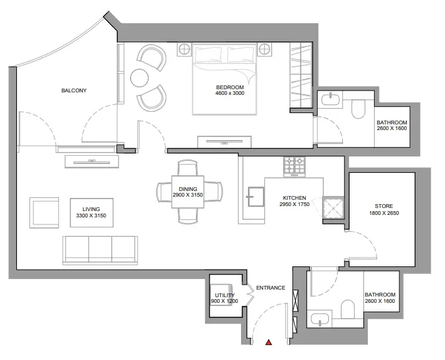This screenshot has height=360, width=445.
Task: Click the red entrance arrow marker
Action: (269, 342)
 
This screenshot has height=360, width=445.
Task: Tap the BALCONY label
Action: (73, 90)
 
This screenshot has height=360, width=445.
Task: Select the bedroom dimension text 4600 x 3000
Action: (229, 93)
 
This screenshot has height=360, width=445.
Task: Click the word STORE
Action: (383, 206)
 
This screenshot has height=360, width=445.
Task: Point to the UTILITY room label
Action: (224, 295)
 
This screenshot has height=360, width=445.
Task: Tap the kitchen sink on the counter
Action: (255, 196)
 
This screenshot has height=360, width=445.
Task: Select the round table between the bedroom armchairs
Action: (139, 78)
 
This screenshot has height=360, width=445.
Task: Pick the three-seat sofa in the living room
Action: (100, 249)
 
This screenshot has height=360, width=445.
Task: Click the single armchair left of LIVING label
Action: (44, 212)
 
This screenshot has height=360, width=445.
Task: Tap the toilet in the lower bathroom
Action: (348, 310)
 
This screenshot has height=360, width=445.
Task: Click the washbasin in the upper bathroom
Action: (330, 99)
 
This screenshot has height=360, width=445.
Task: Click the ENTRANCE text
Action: (270, 288)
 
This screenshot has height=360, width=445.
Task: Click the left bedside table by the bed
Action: (185, 48)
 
